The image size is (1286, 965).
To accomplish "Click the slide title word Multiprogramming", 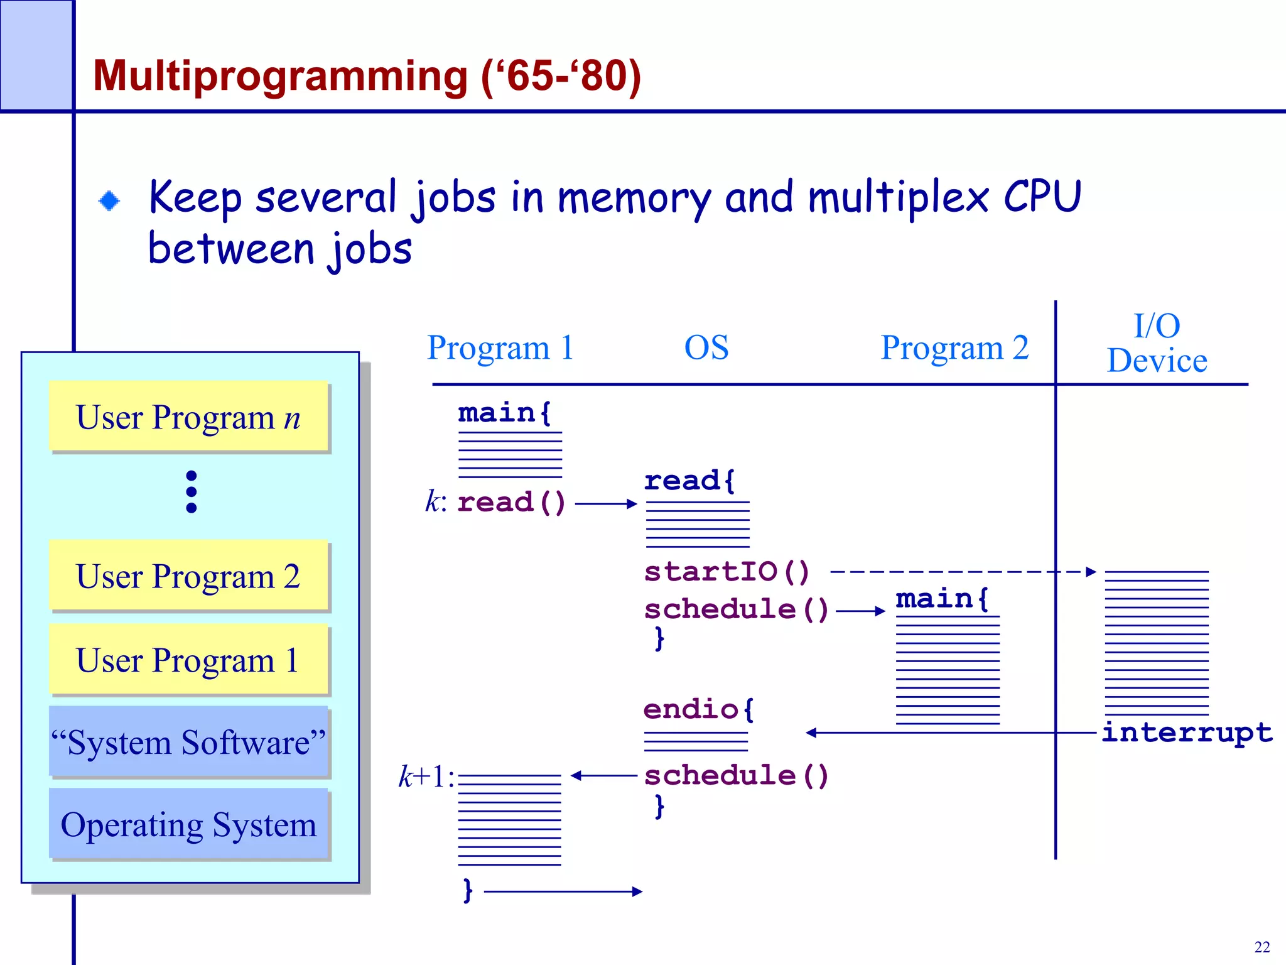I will (280, 77).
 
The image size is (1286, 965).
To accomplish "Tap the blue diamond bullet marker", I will (109, 201).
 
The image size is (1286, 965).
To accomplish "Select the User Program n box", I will (188, 417).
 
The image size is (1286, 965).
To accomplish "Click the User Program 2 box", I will (188, 575).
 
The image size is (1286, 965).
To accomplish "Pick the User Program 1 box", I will (188, 660).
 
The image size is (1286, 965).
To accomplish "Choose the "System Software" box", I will (188, 742).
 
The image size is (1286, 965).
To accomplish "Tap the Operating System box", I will (188, 824).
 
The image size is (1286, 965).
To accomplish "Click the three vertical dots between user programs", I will (192, 491).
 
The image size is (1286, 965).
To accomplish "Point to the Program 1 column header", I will (500, 347).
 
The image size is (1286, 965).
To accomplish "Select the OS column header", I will (706, 347).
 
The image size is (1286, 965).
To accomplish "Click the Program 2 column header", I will (954, 347).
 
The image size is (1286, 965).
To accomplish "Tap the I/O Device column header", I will (1157, 343).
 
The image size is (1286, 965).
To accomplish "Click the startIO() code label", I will (727, 572).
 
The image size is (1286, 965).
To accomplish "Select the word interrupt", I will (1187, 733).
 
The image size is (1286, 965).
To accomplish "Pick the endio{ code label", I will (698, 709).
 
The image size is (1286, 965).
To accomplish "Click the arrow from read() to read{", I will (605, 503).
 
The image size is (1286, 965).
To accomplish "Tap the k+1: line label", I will (426, 777).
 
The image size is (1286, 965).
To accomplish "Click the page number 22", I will (1262, 947).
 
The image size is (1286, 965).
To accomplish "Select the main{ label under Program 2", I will (941, 599).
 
